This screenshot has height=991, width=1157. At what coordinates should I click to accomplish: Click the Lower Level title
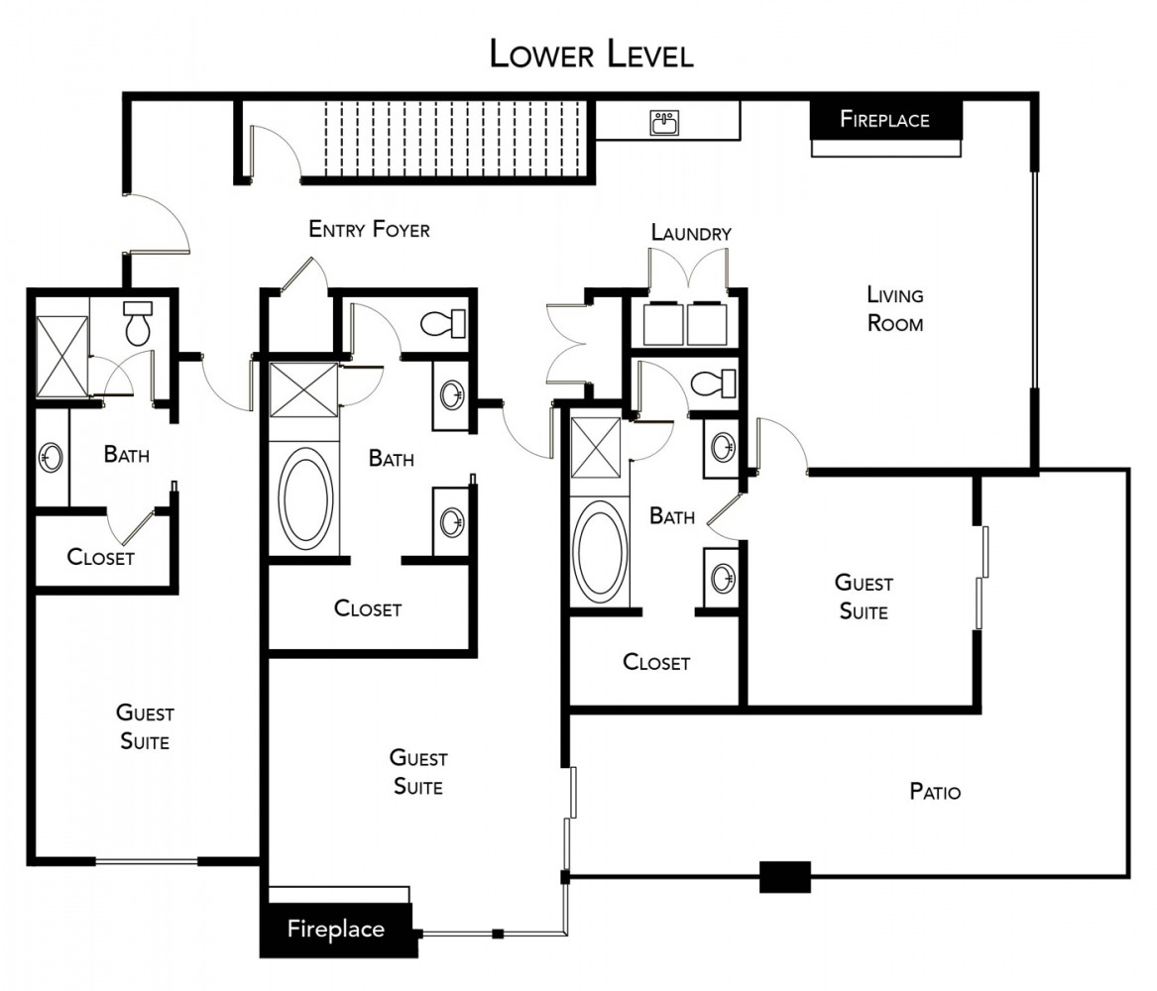point(592,55)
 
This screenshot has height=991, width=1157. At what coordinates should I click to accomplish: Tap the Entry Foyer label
point(369,229)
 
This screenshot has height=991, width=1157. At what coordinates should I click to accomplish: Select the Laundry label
point(691,233)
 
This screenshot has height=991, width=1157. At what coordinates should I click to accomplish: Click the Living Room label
point(895,309)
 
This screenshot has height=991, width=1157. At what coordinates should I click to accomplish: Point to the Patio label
point(935,792)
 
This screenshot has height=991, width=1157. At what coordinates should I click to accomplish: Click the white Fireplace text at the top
point(884,120)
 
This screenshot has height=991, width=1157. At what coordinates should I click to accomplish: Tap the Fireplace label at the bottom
point(336,930)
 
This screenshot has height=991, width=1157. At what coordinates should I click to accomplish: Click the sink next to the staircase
point(665,123)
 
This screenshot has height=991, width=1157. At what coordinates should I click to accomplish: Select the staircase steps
point(455,139)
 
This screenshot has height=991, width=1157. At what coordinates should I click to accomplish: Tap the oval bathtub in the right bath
point(602,552)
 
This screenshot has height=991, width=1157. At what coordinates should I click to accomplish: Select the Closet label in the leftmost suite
point(100,557)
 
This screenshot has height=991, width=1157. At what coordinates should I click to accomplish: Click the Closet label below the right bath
point(656,662)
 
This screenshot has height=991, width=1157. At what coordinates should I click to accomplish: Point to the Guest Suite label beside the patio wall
point(864,598)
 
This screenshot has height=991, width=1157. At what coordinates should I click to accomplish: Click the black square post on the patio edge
point(785,877)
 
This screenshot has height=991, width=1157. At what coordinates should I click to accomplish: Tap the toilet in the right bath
point(713,384)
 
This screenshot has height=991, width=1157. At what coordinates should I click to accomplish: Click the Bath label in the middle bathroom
point(391,459)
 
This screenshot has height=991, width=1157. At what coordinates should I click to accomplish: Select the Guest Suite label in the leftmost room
point(145,727)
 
